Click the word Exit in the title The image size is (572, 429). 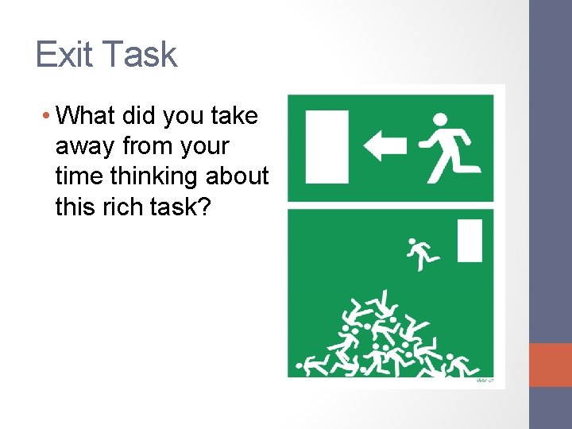(64, 55)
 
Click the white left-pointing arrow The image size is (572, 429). (385, 145)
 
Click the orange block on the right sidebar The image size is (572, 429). (551, 365)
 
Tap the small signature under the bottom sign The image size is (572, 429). (484, 381)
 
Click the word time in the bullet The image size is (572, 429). (76, 176)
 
